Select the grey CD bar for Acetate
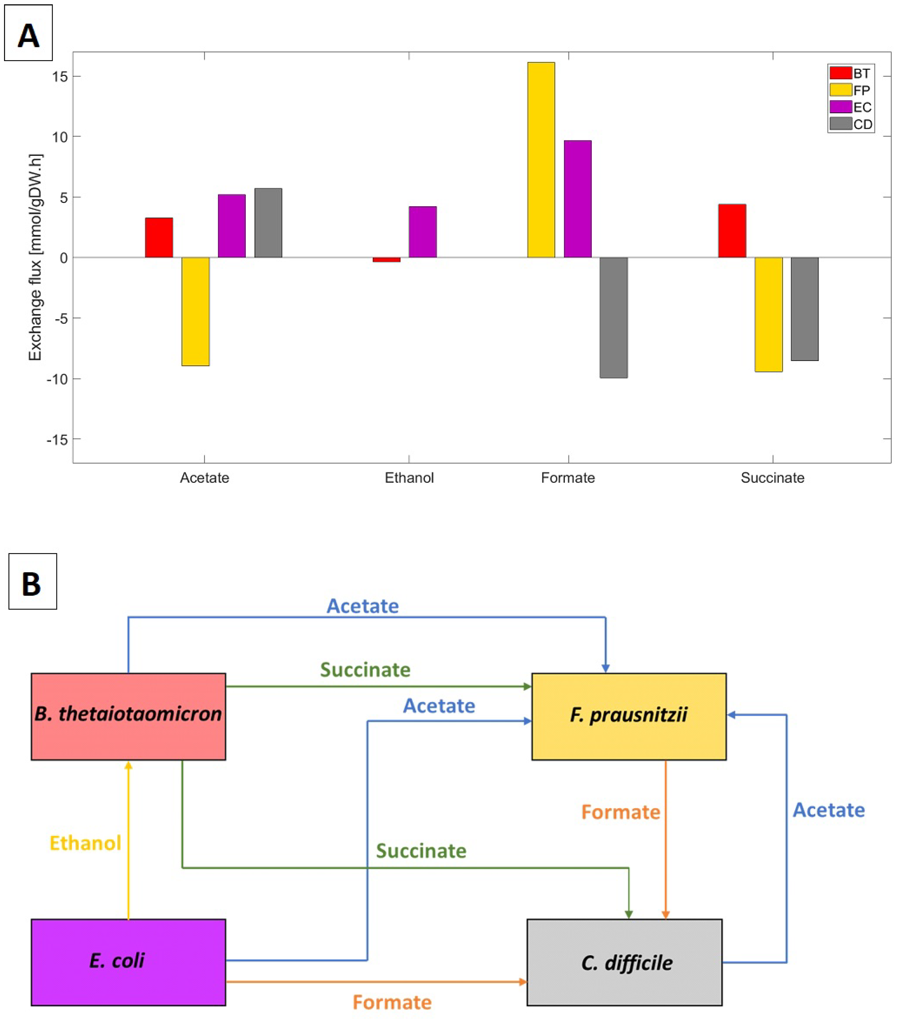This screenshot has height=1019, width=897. tap(268, 223)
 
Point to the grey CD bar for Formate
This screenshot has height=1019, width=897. tap(613, 318)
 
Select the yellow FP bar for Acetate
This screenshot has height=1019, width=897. tap(195, 312)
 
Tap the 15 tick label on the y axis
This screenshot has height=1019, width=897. tap(60, 76)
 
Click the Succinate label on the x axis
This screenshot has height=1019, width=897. tap(772, 478)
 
